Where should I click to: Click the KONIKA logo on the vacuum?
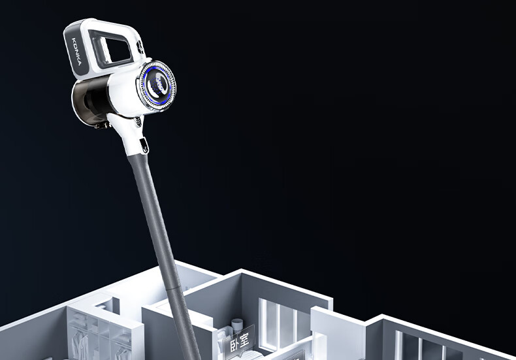[76, 52]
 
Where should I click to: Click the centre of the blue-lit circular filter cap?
[157, 85]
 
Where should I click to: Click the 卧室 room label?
[239, 342]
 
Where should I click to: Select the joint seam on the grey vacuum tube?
[176, 289]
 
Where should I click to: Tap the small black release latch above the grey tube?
[144, 146]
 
